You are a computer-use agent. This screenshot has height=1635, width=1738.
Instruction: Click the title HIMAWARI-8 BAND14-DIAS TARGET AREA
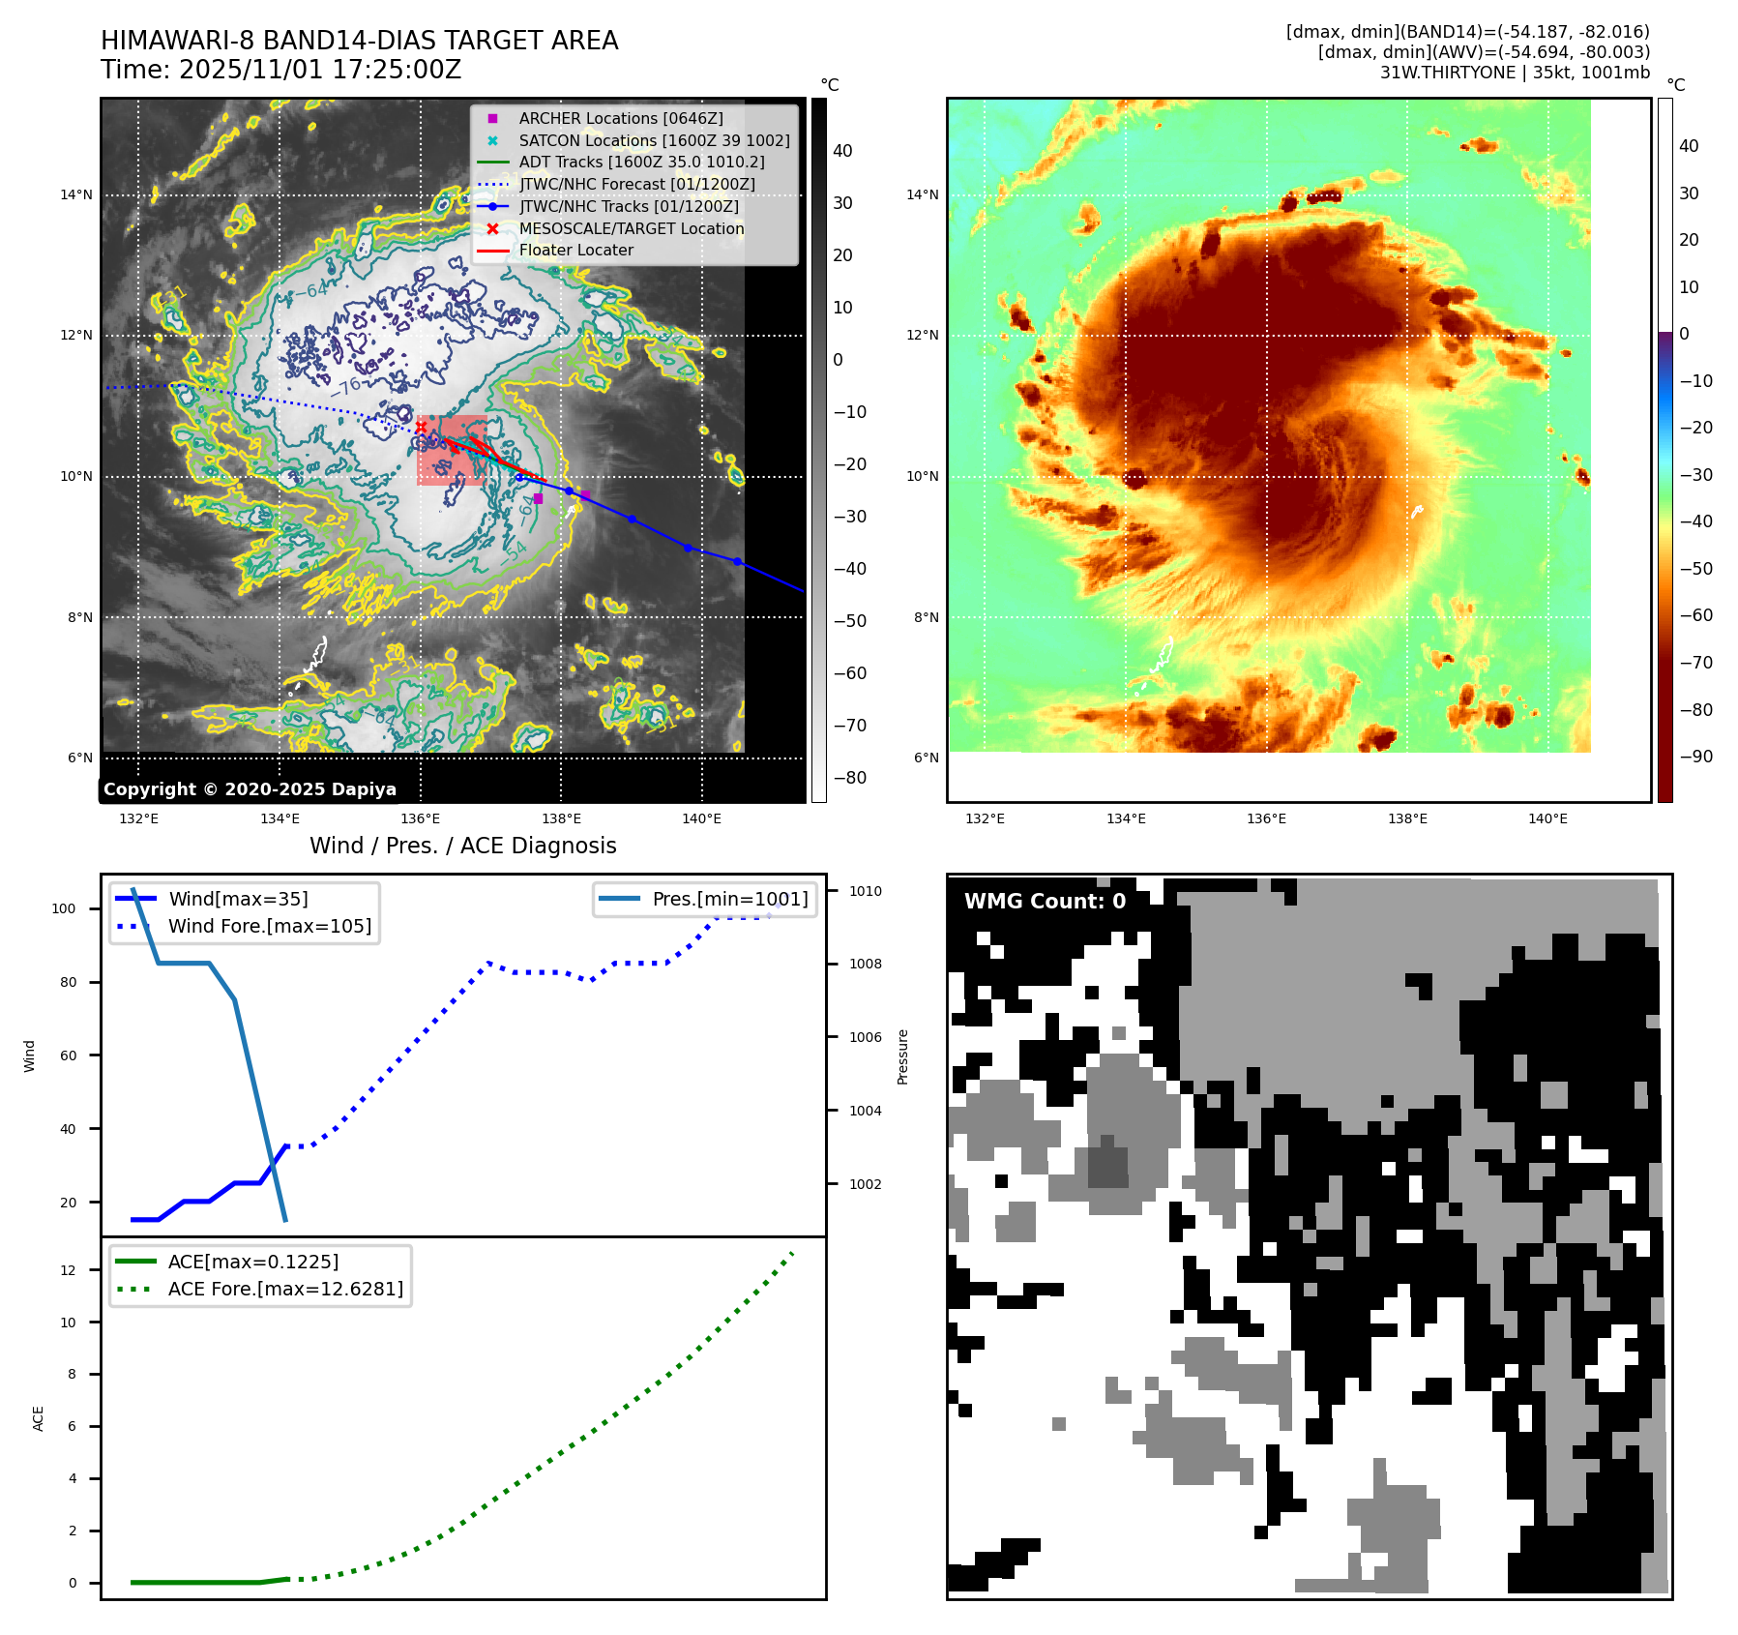[359, 41]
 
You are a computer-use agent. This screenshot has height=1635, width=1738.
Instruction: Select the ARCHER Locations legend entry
[620, 118]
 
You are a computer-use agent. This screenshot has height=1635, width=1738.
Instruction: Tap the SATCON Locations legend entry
[653, 140]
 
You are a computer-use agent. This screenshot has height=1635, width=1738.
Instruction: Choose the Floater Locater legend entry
[575, 250]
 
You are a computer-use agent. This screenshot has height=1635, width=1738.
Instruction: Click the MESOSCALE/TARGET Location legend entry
[631, 228]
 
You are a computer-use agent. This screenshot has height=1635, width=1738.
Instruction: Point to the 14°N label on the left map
[76, 194]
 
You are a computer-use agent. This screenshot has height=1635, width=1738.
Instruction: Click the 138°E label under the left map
[561, 818]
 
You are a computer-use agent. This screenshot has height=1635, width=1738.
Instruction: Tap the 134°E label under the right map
[1126, 818]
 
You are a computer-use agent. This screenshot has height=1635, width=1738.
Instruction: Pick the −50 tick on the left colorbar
[850, 621]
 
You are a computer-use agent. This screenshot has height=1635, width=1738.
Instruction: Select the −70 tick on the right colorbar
[1695, 663]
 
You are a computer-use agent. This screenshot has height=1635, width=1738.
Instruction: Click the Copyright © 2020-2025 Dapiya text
[250, 789]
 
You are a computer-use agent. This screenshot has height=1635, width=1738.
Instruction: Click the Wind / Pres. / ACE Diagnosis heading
[462, 846]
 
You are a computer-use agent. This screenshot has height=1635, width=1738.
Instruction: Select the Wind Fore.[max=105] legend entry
[269, 926]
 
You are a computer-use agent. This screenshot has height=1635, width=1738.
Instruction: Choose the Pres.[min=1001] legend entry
[729, 899]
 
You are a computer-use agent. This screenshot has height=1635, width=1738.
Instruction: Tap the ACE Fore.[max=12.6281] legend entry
[285, 1289]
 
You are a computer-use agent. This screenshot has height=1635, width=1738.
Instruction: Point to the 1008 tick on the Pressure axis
[865, 964]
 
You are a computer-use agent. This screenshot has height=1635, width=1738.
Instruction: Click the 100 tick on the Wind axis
[64, 908]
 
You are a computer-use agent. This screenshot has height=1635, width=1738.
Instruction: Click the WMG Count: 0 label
[1045, 902]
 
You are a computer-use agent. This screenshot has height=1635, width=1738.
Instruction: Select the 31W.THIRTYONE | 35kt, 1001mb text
[1515, 73]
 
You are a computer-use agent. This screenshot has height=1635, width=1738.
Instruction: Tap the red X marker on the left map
[421, 427]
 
